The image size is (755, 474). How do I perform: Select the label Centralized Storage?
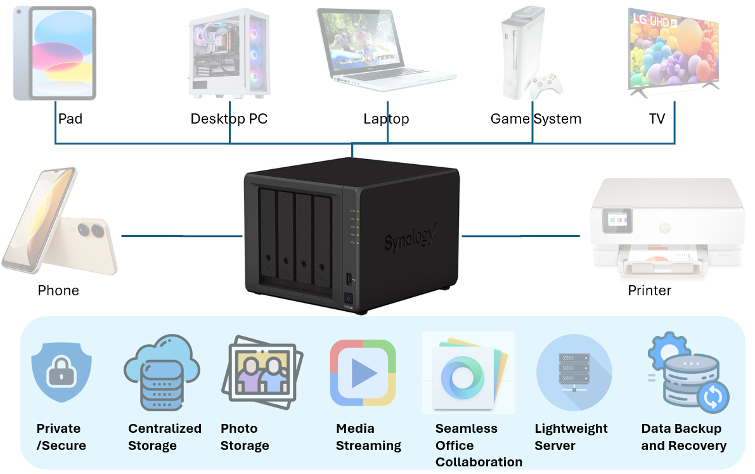pyautogui.click(x=164, y=437)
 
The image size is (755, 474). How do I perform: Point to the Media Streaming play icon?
pyautogui.click(x=363, y=373)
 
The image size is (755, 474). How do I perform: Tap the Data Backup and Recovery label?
pyautogui.click(x=683, y=437)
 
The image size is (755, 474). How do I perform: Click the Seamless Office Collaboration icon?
pyautogui.click(x=468, y=374)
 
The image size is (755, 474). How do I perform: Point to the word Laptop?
pyautogui.click(x=386, y=119)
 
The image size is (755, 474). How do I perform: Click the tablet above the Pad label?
pyautogui.click(x=55, y=53)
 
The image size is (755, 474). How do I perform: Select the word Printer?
pyautogui.click(x=649, y=291)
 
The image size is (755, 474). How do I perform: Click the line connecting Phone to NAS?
pyautogui.click(x=182, y=236)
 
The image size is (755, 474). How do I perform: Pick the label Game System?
pyautogui.click(x=536, y=119)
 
